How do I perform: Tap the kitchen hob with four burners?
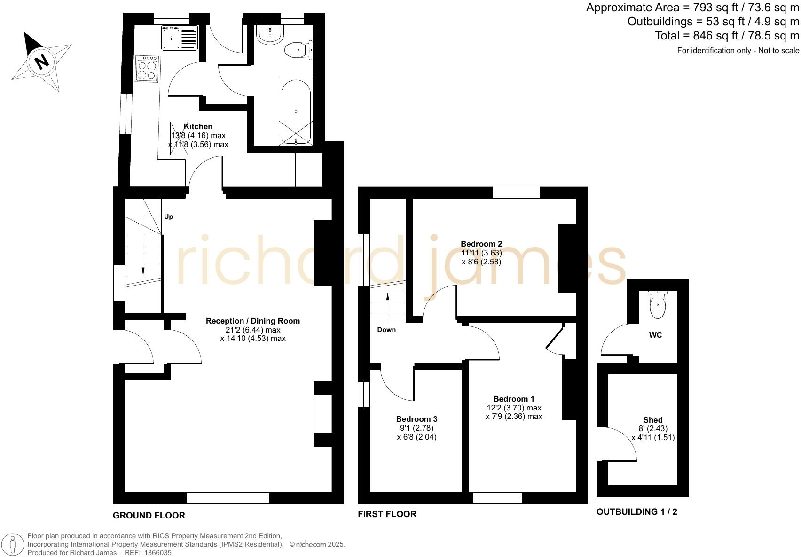(x=147, y=69)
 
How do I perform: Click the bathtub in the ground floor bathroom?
(x=296, y=111)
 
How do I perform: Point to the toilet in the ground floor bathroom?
(x=298, y=49)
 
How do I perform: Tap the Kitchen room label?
(x=198, y=126)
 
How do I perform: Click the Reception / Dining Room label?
(x=252, y=321)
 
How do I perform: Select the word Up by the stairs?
(x=168, y=217)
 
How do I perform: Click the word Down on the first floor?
(x=386, y=330)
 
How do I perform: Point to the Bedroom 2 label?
(x=481, y=244)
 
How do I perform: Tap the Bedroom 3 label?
(x=416, y=419)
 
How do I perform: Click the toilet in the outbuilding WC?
(x=657, y=304)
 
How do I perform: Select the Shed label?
(x=652, y=420)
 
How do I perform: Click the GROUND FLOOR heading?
(x=149, y=515)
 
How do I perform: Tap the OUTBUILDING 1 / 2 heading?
(x=636, y=511)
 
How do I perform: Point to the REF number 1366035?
(x=158, y=553)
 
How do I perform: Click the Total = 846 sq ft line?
(x=727, y=36)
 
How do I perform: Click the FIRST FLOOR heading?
(x=387, y=514)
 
